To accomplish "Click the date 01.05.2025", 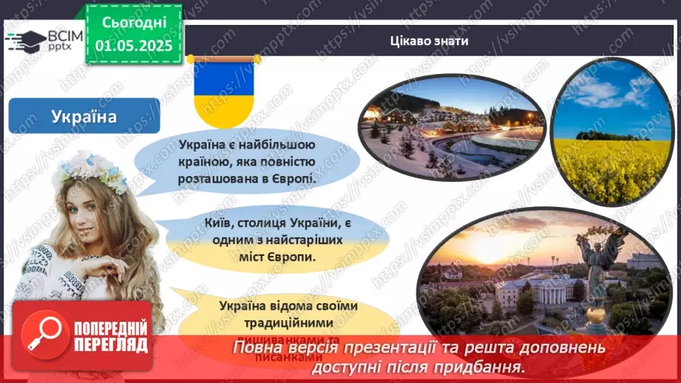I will pos(133,45).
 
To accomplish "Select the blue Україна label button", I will pos(84,116).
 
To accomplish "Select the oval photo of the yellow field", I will pos(604,131).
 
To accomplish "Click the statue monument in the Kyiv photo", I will pos(597,266).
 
